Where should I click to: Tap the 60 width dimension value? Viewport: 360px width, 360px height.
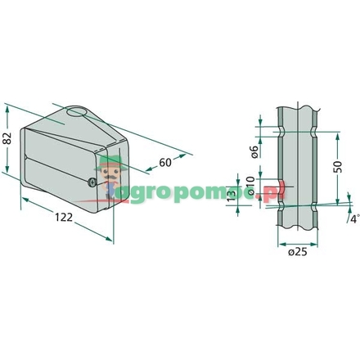(166, 163)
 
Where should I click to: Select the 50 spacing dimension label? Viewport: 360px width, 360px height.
(339, 167)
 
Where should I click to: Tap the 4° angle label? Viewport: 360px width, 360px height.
(353, 218)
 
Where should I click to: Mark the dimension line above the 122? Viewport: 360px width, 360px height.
(65, 208)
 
